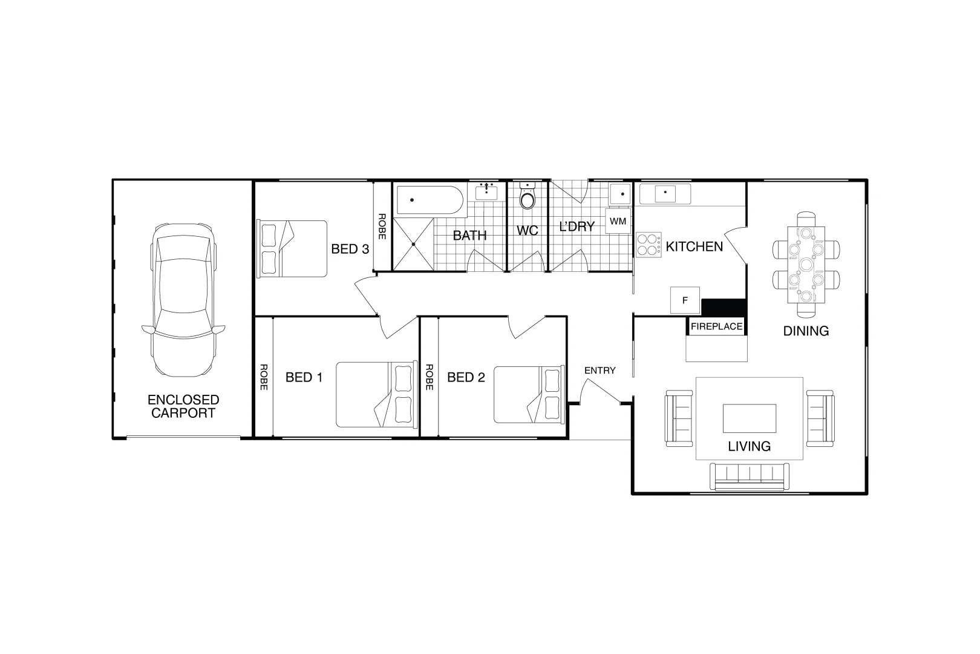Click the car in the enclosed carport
[x=183, y=300]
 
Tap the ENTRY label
[x=600, y=371]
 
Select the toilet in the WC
[x=528, y=196]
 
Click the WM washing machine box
[x=618, y=221]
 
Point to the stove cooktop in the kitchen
[x=648, y=245]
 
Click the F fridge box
[x=685, y=300]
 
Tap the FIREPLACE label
[x=716, y=326]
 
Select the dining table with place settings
[x=806, y=265]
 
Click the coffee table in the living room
[x=750, y=418]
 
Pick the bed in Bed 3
[x=292, y=249]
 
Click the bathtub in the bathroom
[x=430, y=200]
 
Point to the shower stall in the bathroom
[x=413, y=244]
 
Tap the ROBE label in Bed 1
[x=264, y=377]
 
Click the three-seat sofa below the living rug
[x=750, y=476]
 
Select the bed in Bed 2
[x=529, y=395]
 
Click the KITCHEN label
[x=694, y=247]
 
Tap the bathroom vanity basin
[x=486, y=192]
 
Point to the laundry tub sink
[x=621, y=194]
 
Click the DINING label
[x=806, y=331]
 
